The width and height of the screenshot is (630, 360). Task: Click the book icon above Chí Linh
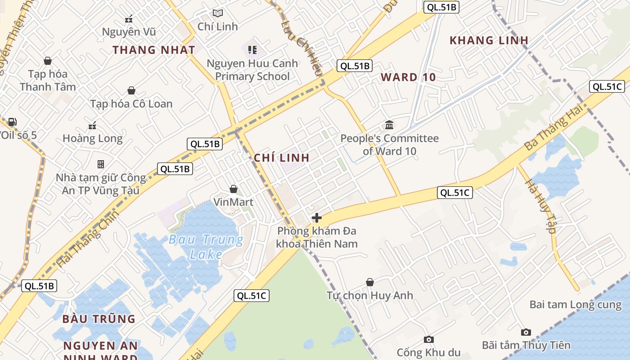(218, 13)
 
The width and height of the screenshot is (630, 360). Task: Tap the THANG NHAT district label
(154, 50)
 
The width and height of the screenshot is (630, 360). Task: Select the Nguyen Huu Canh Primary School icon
(252, 49)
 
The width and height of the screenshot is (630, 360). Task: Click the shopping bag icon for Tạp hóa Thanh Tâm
(48, 61)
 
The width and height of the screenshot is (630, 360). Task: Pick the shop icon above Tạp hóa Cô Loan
(131, 91)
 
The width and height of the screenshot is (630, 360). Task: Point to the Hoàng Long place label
(92, 138)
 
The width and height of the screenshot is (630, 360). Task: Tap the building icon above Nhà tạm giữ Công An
(101, 164)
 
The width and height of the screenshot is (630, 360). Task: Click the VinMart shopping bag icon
(233, 189)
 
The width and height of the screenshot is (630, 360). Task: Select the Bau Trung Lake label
(206, 247)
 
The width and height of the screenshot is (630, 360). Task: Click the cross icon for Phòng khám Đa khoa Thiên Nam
(317, 218)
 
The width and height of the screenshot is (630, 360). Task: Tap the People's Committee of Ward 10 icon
(389, 125)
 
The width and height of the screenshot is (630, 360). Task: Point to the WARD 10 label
(408, 77)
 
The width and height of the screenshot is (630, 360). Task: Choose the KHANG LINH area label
(489, 40)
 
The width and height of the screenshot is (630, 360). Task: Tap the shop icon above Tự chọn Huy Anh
(369, 283)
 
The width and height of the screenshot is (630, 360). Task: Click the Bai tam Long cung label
(575, 305)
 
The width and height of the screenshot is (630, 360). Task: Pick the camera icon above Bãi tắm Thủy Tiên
(526, 333)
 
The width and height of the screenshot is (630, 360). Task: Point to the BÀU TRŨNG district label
(99, 319)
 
